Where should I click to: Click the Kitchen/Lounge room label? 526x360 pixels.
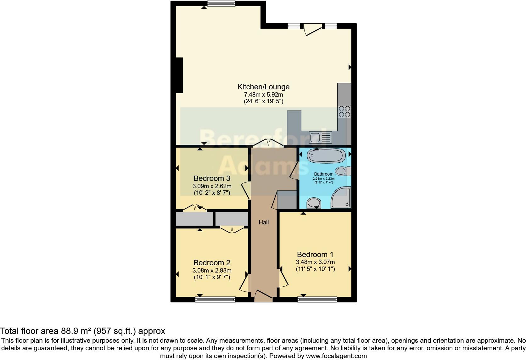pyautogui.click(x=263, y=87)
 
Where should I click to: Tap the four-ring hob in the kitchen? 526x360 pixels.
pyautogui.click(x=344, y=111)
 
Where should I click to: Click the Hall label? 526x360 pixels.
pyautogui.click(x=264, y=222)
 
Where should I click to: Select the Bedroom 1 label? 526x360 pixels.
pyautogui.click(x=315, y=254)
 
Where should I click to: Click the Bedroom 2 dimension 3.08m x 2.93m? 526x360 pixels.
pyautogui.click(x=212, y=271)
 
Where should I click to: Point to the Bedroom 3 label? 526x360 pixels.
pyautogui.click(x=212, y=178)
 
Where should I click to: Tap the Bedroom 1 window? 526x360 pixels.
pyautogui.click(x=317, y=299)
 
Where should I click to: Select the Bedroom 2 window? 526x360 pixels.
pyautogui.click(x=215, y=299)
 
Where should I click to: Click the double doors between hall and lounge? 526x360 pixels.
pyautogui.click(x=268, y=143)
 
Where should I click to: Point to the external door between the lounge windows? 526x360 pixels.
pyautogui.click(x=312, y=28)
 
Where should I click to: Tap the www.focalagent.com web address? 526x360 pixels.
pyautogui.click(x=336, y=356)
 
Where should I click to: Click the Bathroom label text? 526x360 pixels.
pyautogui.click(x=324, y=174)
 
